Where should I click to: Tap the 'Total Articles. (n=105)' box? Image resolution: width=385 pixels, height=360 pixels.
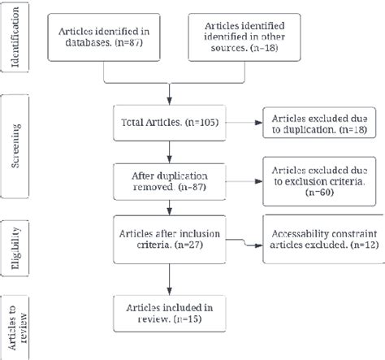[169, 125]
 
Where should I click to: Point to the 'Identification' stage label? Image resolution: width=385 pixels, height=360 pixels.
[15, 37]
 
